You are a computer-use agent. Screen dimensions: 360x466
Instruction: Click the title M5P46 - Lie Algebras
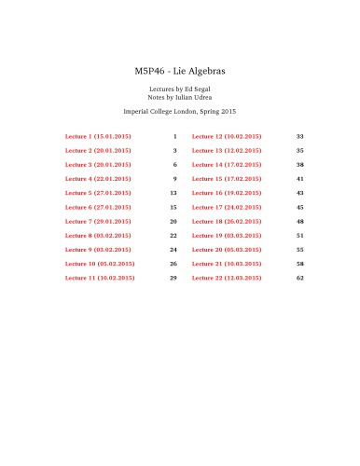point(180,71)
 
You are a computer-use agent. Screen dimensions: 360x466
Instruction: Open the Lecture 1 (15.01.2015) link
point(98,136)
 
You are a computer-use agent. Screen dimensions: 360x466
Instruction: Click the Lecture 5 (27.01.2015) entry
point(98,193)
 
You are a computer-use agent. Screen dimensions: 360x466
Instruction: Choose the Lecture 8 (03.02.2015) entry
point(98,236)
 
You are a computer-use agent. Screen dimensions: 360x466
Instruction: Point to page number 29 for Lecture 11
point(173,278)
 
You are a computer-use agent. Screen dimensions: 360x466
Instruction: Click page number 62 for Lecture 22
point(300,278)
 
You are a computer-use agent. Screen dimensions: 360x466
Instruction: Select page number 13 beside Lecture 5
point(173,193)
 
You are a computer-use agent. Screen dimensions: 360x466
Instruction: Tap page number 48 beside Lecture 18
point(300,221)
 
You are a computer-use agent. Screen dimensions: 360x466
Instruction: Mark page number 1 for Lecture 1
point(174,136)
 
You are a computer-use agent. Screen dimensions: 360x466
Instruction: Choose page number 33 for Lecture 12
point(300,136)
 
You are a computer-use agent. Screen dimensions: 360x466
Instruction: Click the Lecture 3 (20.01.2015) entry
point(98,164)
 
